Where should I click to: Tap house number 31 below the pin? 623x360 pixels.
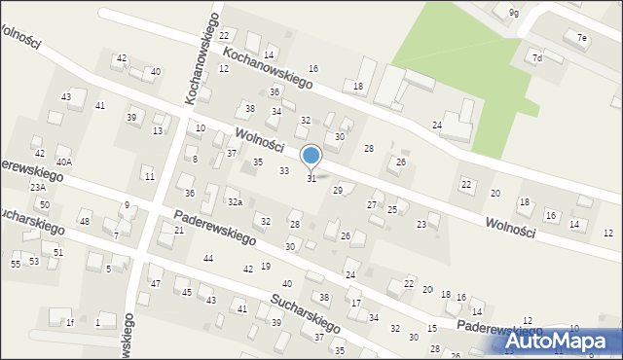(311, 178)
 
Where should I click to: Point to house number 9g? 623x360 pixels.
(513, 13)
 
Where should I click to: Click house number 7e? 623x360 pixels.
(582, 38)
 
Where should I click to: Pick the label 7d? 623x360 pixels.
(536, 58)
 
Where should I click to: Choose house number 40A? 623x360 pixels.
(64, 162)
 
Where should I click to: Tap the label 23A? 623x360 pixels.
(37, 187)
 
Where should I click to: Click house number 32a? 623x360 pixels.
(236, 201)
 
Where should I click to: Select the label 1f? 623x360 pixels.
(70, 322)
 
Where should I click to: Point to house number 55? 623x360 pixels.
(16, 264)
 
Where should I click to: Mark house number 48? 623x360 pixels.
(85, 222)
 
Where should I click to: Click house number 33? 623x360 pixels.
(284, 171)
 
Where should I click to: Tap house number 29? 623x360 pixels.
(338, 191)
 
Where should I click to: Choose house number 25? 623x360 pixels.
(392, 210)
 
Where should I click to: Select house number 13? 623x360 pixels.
(158, 131)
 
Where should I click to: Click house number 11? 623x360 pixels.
(149, 176)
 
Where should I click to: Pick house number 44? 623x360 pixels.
(208, 258)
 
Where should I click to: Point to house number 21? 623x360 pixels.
(179, 230)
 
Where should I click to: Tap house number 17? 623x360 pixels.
(356, 304)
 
